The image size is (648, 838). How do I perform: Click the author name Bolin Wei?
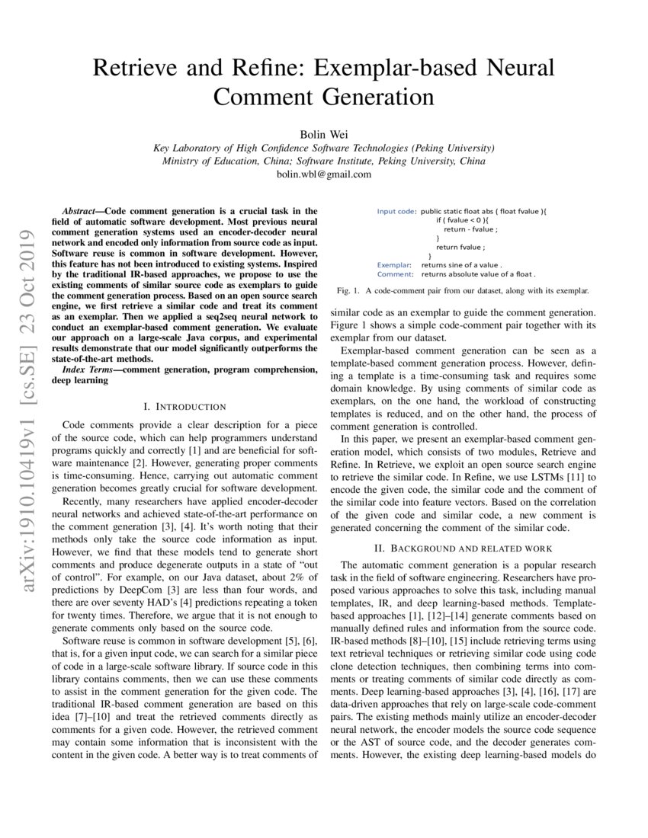tap(324, 134)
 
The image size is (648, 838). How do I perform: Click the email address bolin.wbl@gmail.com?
tap(324, 174)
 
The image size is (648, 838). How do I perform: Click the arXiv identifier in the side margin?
tap(28, 403)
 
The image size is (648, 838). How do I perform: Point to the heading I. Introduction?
tap(185, 407)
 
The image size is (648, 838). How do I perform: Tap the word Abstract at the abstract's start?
tap(82, 210)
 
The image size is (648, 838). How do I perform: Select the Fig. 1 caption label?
tap(348, 291)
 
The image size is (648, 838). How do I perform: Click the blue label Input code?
tap(396, 211)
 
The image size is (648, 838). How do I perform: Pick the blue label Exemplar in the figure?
tap(394, 264)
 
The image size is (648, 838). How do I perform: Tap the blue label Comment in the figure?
tap(395, 273)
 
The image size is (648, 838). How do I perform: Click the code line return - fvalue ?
tap(471, 229)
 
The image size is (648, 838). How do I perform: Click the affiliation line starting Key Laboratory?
tap(324, 148)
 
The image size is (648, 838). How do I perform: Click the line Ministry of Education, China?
tap(324, 161)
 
